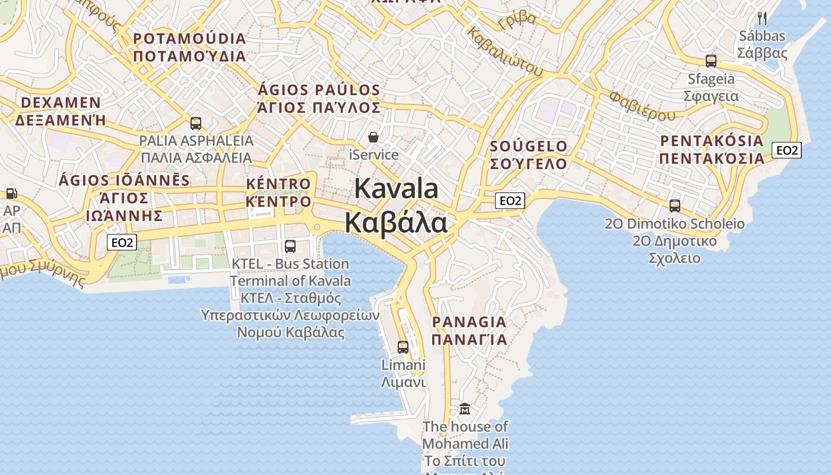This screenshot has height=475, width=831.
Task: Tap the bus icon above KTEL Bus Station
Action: [290, 246]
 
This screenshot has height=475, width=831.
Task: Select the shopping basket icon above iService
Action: [373, 138]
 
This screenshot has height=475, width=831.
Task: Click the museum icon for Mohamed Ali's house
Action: [465, 409]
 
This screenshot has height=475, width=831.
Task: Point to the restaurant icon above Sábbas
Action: [762, 18]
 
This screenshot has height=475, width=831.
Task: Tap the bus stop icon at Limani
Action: [403, 347]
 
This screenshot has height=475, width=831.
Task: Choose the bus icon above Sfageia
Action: [711, 61]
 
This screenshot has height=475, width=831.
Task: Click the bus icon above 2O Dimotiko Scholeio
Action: [675, 206]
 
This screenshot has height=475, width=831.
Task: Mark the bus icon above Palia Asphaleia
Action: [196, 123]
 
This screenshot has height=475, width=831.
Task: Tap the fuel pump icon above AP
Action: [11, 194]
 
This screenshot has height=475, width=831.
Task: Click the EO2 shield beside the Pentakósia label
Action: [787, 150]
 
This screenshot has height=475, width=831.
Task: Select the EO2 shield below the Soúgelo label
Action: [510, 201]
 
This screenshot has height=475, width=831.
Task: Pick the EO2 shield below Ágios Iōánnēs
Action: [122, 242]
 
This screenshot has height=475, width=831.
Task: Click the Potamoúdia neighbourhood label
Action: [189, 47]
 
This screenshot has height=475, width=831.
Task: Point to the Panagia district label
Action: [469, 331]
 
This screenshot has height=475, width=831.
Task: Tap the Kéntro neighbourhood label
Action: [278, 193]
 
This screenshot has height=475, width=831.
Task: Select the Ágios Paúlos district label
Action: [319, 99]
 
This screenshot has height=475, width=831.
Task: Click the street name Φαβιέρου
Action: [642, 105]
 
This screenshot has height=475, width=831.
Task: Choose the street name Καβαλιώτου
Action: [505, 52]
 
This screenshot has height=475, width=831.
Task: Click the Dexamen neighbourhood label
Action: [61, 111]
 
